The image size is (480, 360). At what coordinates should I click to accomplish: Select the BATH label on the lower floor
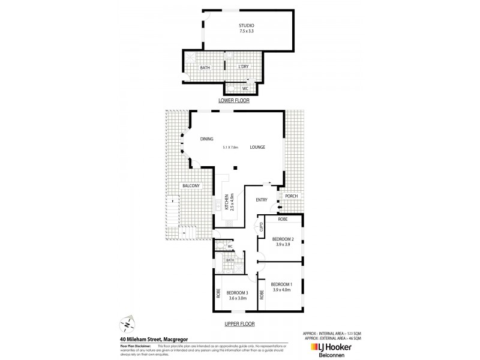pyautogui.click(x=205, y=68)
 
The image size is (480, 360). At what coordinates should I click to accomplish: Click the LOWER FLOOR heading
pyautogui.click(x=233, y=101)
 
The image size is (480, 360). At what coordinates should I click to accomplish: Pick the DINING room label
pyautogui.click(x=206, y=139)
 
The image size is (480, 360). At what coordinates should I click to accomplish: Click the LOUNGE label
pyautogui.click(x=257, y=148)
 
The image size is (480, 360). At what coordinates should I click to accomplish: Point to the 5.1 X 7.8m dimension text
pyautogui.click(x=230, y=148)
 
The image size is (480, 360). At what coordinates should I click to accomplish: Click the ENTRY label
pyautogui.click(x=261, y=200)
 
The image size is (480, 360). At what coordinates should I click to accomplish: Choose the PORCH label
pyautogui.click(x=291, y=196)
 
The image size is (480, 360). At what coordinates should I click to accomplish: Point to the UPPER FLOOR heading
pyautogui.click(x=239, y=323)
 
